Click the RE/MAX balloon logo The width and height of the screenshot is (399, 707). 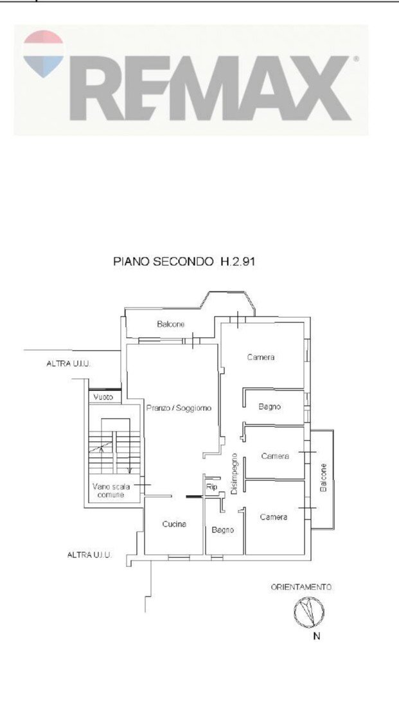[43, 53]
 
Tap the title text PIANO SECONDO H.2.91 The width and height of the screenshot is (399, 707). [184, 261]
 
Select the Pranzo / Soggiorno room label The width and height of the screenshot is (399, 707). [179, 408]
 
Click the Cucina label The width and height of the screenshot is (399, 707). [174, 524]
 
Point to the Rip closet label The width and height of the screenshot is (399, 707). [211, 487]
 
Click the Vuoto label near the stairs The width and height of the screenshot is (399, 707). [103, 397]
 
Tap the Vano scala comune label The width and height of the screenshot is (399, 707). [111, 491]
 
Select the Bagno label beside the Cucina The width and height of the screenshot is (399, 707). [223, 530]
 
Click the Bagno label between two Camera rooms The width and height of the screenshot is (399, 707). [269, 406]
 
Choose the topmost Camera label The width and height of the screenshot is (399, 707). [261, 357]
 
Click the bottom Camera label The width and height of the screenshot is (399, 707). [274, 517]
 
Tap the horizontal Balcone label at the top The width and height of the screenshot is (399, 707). [171, 324]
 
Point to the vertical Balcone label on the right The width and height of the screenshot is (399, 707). [323, 478]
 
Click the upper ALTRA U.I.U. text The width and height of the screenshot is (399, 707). [69, 363]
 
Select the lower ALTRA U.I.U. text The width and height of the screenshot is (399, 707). [89, 555]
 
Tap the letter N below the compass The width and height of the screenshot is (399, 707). [316, 636]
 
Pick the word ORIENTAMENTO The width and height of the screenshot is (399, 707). [301, 587]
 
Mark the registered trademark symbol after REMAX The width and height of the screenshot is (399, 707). [356, 58]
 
